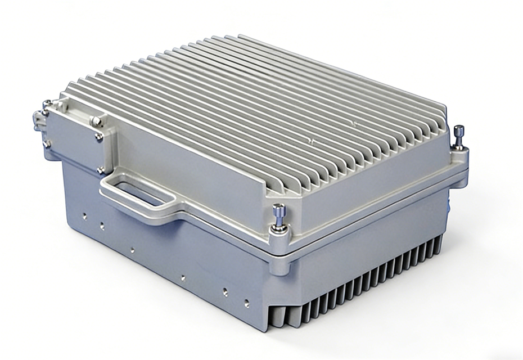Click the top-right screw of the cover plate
tap(96, 121)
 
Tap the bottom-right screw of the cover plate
tap(100, 169)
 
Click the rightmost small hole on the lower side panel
tap(246, 303)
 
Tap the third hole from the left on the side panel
tap(132, 250)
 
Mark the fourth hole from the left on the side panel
tap(183, 277)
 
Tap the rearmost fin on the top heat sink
tap(337, 62)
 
